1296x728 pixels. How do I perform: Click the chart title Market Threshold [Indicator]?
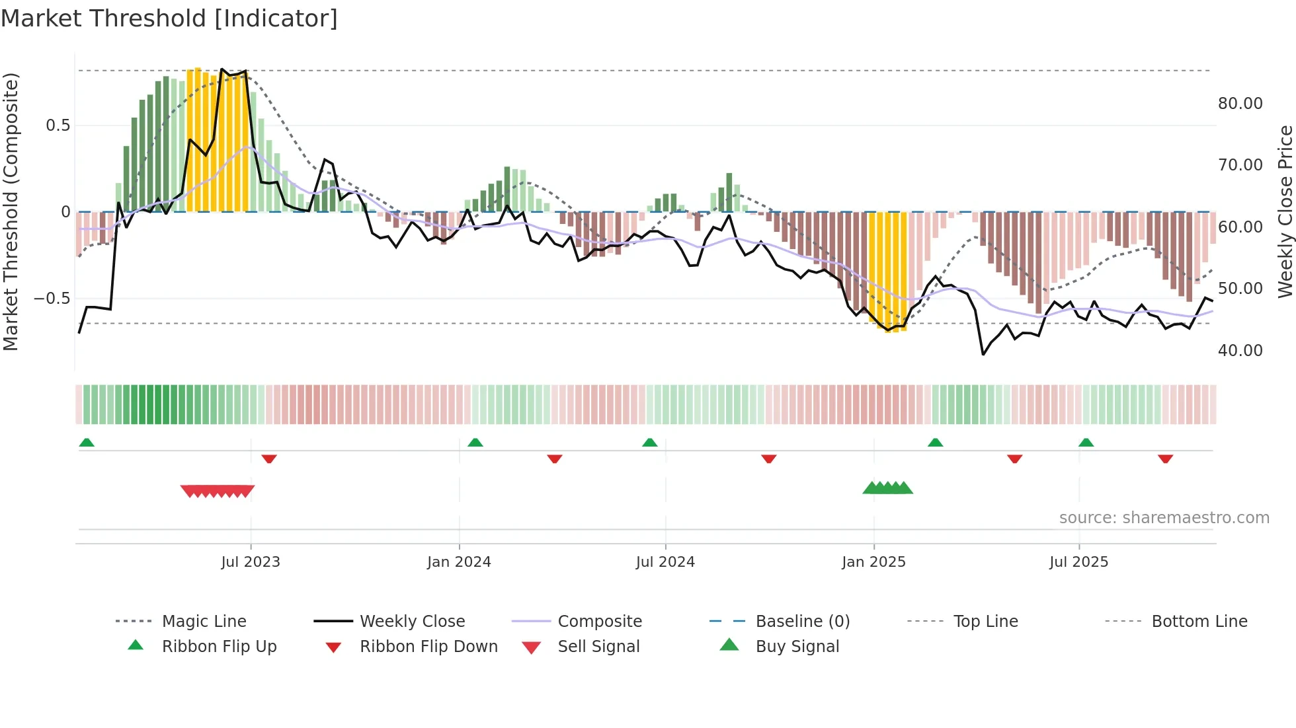pyautogui.click(x=169, y=18)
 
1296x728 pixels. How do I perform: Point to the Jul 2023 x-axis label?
pyautogui.click(x=251, y=562)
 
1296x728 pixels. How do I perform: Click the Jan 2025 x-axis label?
pyautogui.click(x=873, y=562)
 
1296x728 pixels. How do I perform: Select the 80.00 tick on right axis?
pyautogui.click(x=1240, y=104)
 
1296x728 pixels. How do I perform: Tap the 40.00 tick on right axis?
pyautogui.click(x=1240, y=351)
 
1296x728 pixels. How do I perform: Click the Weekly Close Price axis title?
pyautogui.click(x=1285, y=211)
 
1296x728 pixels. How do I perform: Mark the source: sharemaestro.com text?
pyautogui.click(x=1164, y=518)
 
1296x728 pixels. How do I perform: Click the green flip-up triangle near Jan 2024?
pyautogui.click(x=475, y=443)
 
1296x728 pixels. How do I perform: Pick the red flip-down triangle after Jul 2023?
pyautogui.click(x=268, y=458)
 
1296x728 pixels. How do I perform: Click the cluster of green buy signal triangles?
pyautogui.click(x=887, y=488)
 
